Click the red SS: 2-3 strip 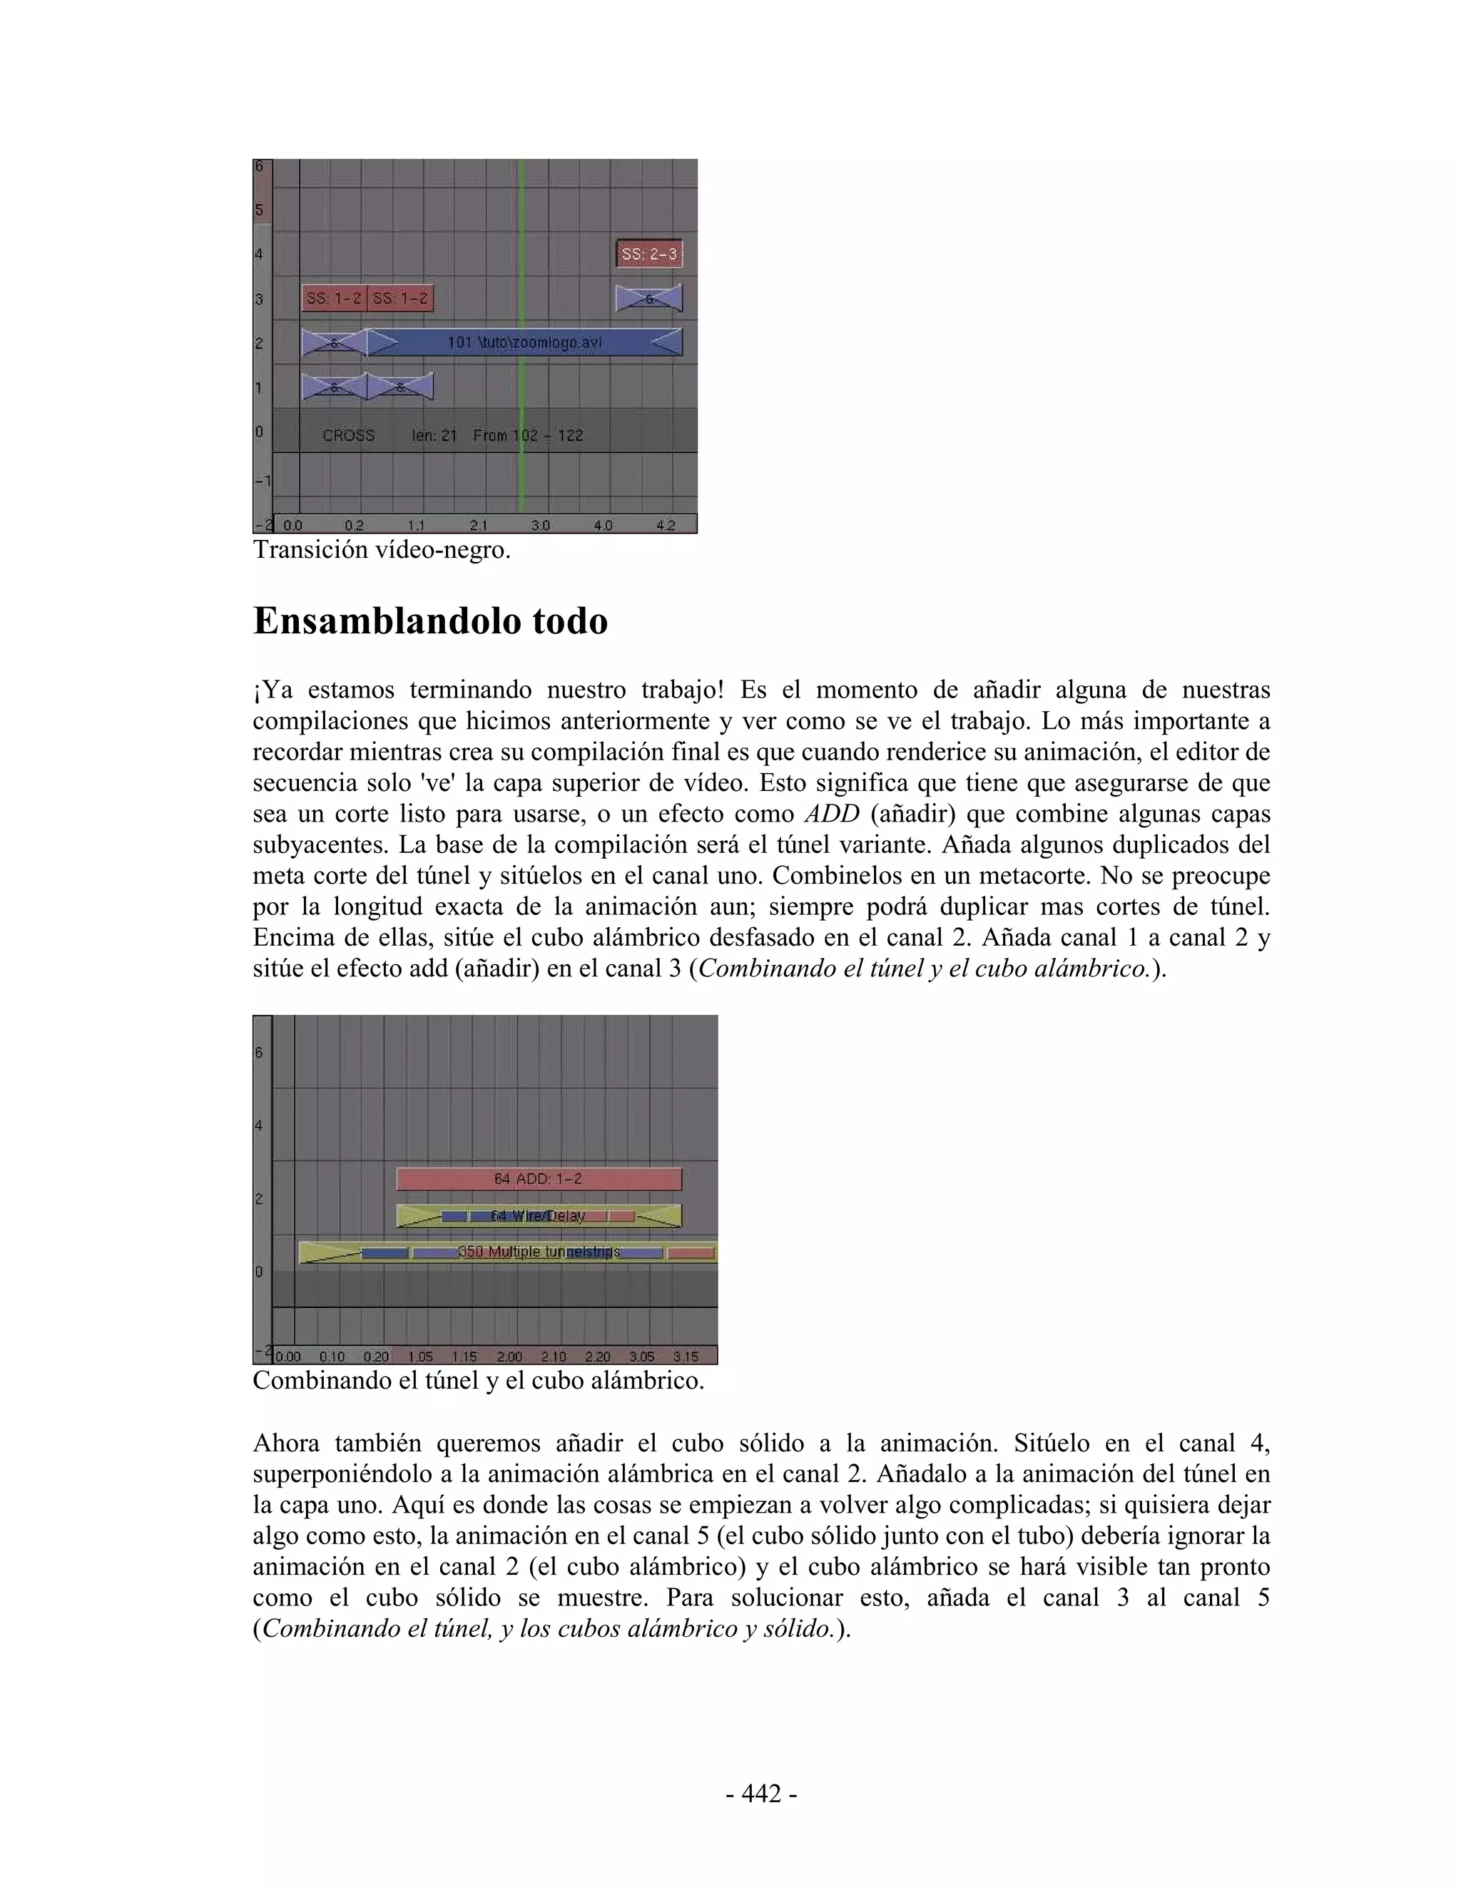pos(648,255)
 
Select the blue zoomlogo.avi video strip pos(524,342)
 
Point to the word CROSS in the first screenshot pos(348,435)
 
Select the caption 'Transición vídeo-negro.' pos(381,549)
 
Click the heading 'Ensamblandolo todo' pos(430,621)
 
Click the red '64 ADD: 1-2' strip pos(539,1179)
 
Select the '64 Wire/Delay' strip pos(539,1216)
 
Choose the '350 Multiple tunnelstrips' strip pos(539,1252)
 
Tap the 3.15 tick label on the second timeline pos(686,1356)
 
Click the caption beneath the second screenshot pos(478,1380)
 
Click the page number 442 pos(762,1794)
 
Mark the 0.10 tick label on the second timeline pos(332,1356)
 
